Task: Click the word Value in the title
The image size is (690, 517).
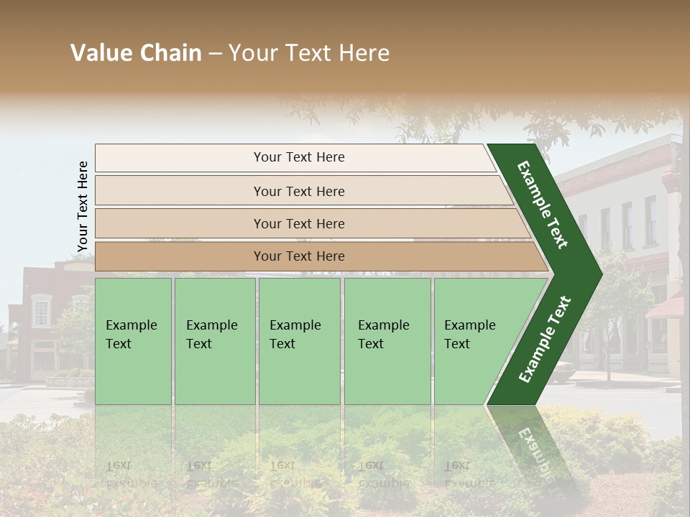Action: point(101,53)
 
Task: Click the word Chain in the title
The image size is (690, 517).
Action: point(170,53)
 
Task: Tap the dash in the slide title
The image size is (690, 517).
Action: point(215,54)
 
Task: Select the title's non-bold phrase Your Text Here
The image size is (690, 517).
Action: point(309,53)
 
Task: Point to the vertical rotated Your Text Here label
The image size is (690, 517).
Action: point(83,206)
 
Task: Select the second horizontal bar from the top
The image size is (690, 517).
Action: point(299,191)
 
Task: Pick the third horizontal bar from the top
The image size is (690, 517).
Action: point(299,223)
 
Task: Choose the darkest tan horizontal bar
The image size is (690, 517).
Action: point(299,256)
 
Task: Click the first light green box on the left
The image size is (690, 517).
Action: point(133,340)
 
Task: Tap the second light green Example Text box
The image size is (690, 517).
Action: point(214,340)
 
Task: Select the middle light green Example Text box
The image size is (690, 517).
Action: point(299,340)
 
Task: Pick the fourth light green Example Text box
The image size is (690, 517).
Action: point(387,340)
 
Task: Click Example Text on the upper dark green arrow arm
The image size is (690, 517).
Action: point(543,205)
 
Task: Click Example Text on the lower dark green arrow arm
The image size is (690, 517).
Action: point(545,339)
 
